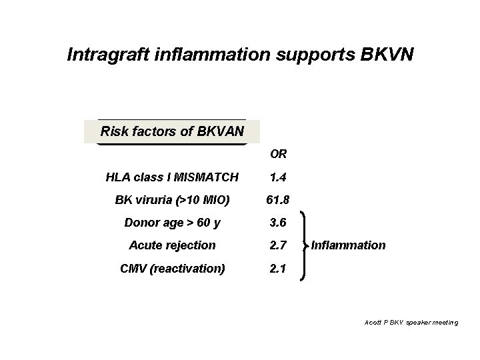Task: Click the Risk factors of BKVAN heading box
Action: [x=171, y=131]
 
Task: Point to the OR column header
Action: [x=278, y=155]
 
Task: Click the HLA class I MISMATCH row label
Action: [x=171, y=177]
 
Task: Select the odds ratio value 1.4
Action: [x=277, y=177]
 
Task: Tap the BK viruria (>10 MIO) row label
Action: [x=171, y=199]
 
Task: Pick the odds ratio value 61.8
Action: [x=277, y=199]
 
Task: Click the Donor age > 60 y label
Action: [x=171, y=223]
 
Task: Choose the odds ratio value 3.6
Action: [x=277, y=223]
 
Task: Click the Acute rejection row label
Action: [x=171, y=245]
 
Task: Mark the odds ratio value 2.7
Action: [x=277, y=245]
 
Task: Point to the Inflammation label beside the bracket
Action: [x=348, y=245]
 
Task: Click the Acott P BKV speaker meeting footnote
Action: [x=411, y=322]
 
